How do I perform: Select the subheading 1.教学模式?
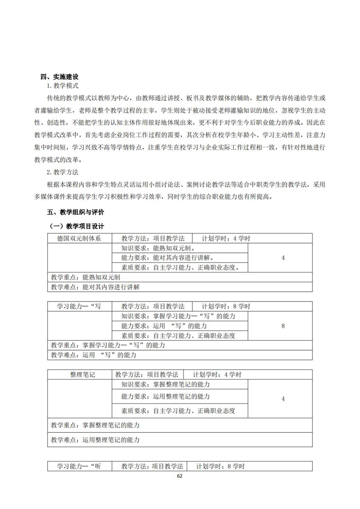click(63, 86)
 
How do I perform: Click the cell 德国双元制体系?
click(79, 238)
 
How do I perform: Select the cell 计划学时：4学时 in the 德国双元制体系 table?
click(226, 238)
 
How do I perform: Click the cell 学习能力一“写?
click(79, 306)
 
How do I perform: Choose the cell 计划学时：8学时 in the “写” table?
click(226, 306)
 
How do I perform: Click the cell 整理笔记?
click(79, 375)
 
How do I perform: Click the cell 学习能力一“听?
click(79, 466)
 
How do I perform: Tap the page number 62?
click(180, 476)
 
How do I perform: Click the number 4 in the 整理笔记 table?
click(283, 398)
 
